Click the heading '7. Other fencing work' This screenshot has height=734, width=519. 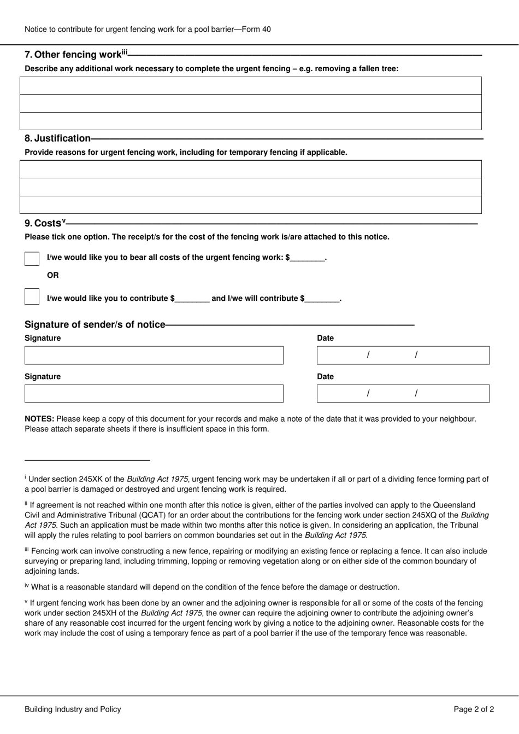(x=73, y=55)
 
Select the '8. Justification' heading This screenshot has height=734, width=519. (x=57, y=138)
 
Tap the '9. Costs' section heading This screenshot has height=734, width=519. (x=44, y=223)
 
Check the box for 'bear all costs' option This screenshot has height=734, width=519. (x=32, y=259)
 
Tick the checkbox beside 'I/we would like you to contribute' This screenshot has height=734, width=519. (x=32, y=297)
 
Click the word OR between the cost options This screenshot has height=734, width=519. (x=52, y=275)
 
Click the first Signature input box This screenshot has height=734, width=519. (x=154, y=355)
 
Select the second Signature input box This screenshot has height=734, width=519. (x=154, y=393)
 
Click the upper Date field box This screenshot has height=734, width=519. (x=403, y=355)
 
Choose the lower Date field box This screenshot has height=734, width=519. (x=403, y=393)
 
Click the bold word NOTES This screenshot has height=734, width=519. (x=39, y=419)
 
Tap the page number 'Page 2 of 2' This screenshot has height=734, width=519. (x=474, y=709)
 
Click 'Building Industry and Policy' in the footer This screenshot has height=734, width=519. (x=73, y=709)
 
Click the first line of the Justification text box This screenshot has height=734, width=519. (x=250, y=170)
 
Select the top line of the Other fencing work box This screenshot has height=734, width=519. (x=250, y=86)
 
